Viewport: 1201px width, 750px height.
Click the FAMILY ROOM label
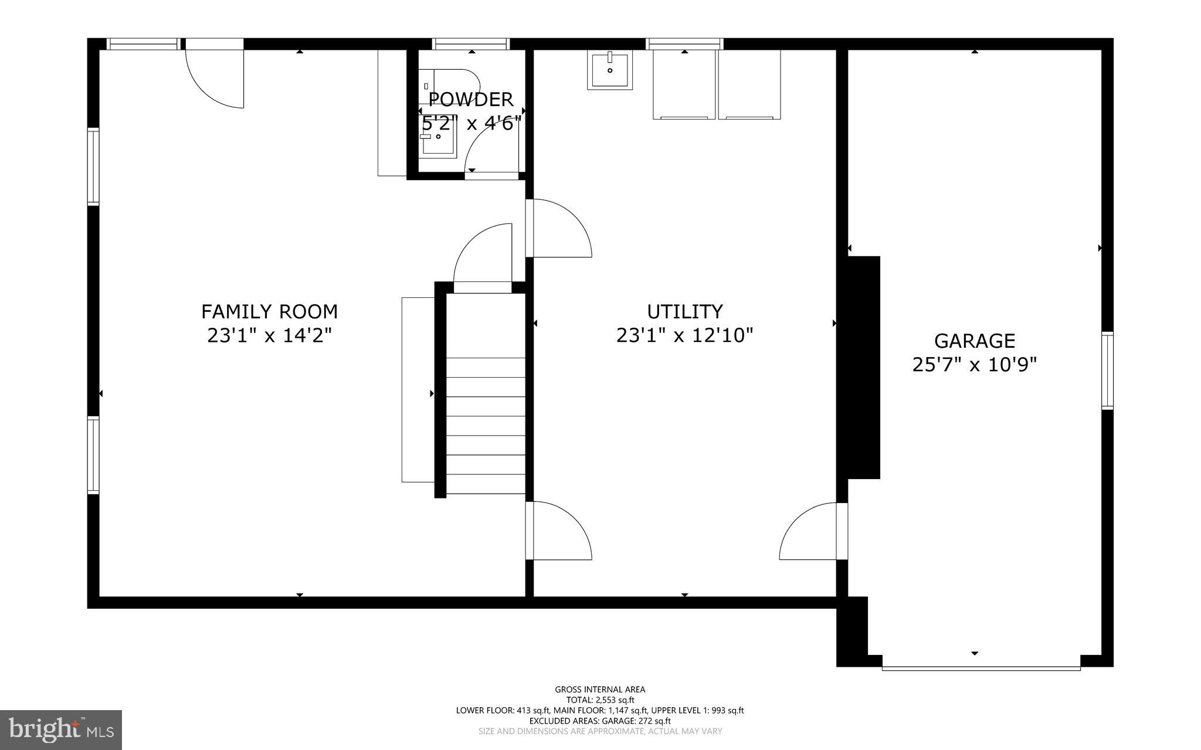tap(269, 311)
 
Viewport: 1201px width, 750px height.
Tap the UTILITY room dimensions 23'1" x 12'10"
tap(684, 335)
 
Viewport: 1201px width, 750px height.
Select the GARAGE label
tap(974, 341)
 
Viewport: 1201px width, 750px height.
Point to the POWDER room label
tap(471, 99)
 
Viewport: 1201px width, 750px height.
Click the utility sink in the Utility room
tap(610, 70)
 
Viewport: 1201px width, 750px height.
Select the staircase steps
tap(486, 425)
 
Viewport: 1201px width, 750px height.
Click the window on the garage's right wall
tap(1107, 370)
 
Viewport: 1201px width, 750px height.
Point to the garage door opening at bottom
tap(981, 667)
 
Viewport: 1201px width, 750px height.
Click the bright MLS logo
tap(61, 729)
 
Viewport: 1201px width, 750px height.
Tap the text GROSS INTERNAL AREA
tap(600, 690)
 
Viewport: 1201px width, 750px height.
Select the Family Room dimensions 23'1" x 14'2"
tap(269, 335)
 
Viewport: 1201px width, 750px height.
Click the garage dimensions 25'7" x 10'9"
tap(974, 365)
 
